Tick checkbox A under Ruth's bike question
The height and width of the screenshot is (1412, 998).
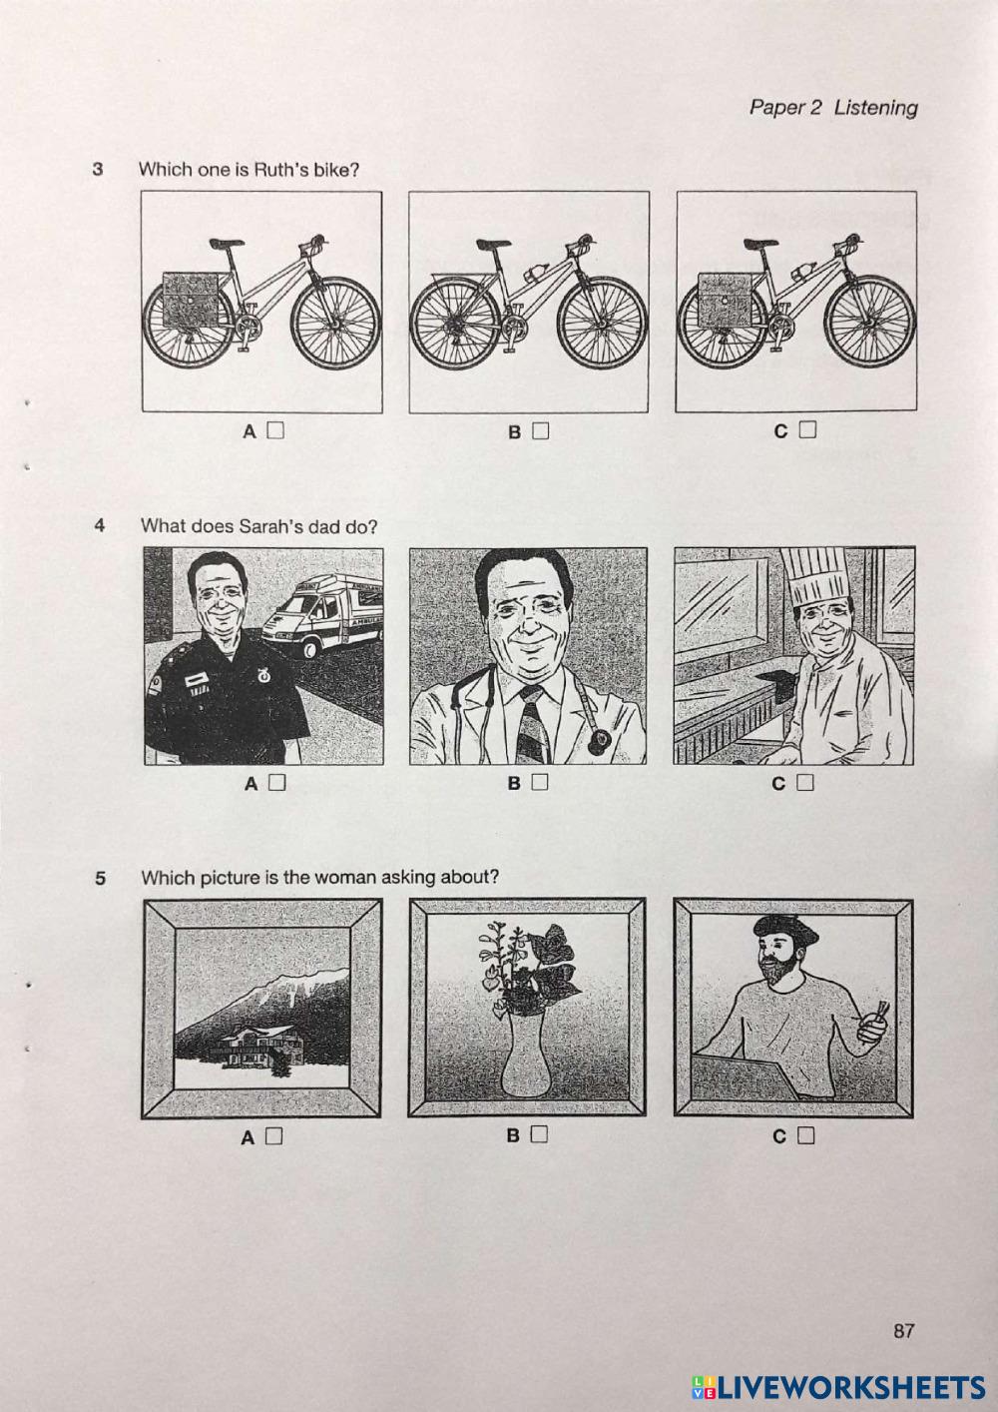coord(276,430)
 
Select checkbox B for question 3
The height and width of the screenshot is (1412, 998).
coord(541,431)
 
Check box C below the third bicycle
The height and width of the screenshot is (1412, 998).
coord(807,430)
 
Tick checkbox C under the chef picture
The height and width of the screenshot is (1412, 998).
coord(805,782)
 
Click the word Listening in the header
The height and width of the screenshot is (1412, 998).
coord(876,109)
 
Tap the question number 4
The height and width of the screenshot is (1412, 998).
coord(100,525)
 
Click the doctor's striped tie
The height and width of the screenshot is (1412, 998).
coord(531,724)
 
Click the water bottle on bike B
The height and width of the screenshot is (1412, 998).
coord(534,273)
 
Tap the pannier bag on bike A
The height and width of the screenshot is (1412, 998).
coord(191,300)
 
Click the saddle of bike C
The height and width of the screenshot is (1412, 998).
coord(759,243)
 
